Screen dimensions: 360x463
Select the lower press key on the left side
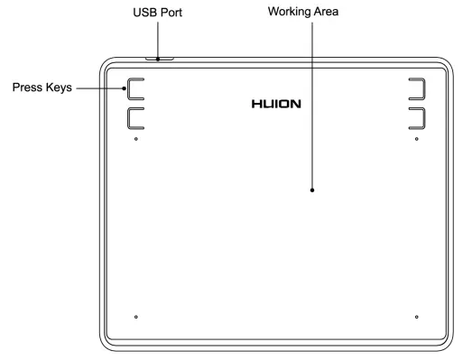(135, 117)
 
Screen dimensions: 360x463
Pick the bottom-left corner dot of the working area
(135, 317)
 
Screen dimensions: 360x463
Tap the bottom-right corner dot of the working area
(416, 317)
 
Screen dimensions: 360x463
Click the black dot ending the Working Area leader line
(312, 190)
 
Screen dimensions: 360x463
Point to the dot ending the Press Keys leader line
(126, 89)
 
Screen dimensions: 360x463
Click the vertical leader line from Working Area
(312, 108)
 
